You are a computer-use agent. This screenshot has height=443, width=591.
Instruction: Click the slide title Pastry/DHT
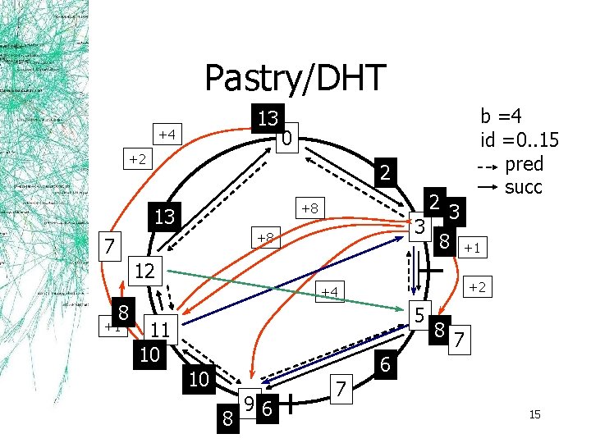pos(295,79)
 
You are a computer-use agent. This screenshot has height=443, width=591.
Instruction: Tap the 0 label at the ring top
pos(284,141)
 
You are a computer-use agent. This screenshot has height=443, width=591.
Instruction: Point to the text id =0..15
pos(520,139)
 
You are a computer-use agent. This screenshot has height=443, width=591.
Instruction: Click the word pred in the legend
pos(524,162)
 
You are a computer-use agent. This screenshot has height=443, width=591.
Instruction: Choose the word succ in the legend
pos(524,186)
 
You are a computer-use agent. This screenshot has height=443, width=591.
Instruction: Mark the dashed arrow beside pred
pos(488,166)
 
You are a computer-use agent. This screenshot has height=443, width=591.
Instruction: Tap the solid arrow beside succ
pos(488,187)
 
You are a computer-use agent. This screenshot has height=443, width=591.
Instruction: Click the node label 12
pos(145,271)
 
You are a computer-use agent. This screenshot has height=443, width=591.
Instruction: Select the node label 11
pos(160,330)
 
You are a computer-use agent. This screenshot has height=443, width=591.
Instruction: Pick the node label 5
pos(419,313)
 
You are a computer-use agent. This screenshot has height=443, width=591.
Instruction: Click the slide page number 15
pos(534,415)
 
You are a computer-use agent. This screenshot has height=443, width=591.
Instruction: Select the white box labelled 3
pos(418,225)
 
